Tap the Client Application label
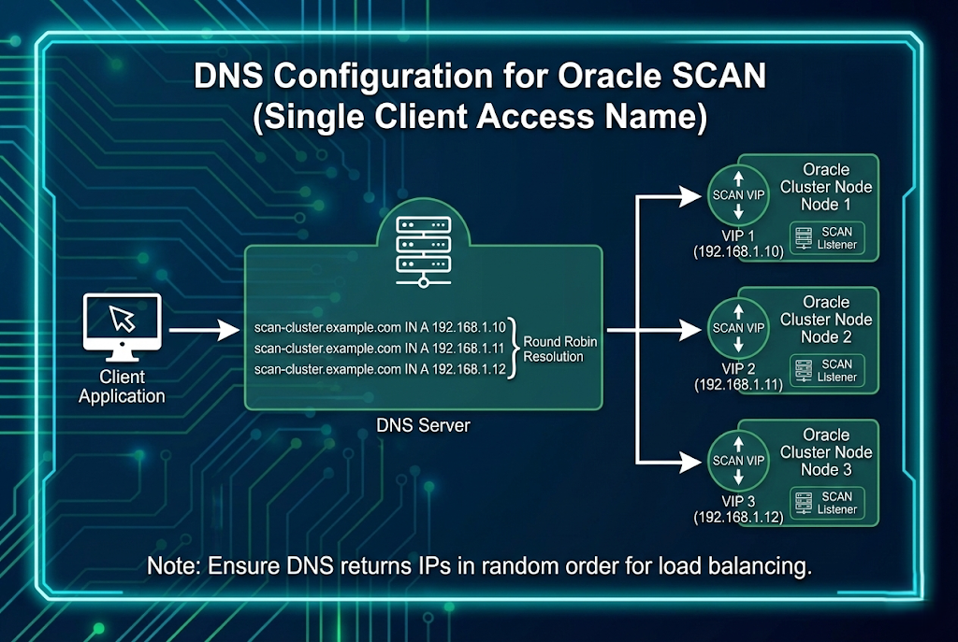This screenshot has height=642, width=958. (122, 387)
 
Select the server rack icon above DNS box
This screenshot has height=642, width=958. (424, 249)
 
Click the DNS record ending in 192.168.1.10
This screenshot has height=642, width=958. (380, 328)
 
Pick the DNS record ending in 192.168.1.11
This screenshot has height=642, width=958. (380, 349)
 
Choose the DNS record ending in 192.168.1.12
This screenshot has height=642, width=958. (380, 369)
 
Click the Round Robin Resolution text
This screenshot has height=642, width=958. (560, 349)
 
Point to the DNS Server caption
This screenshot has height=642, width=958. (423, 426)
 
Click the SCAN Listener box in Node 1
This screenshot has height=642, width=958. (826, 238)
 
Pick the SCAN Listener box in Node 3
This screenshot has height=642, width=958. (826, 504)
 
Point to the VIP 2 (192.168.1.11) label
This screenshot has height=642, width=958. (738, 376)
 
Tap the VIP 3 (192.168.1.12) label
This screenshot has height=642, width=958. (738, 508)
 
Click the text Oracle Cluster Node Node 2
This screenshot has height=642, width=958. (826, 319)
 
